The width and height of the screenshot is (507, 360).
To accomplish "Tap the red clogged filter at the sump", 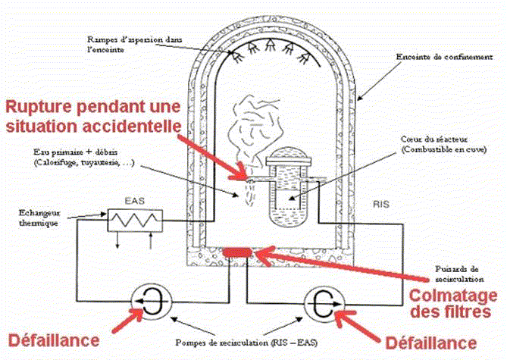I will click(x=239, y=251).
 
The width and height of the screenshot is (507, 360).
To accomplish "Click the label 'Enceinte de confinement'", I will click(x=437, y=56).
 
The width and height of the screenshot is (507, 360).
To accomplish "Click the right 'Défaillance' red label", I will click(x=429, y=340).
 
